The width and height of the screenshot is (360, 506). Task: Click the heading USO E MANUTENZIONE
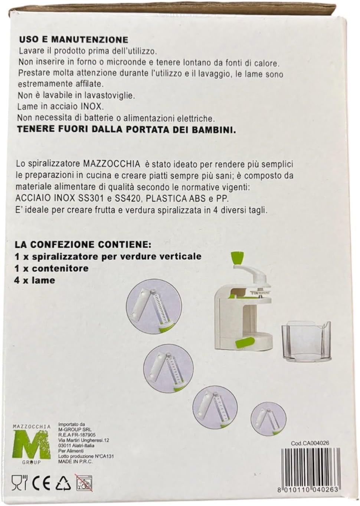pos(74,40)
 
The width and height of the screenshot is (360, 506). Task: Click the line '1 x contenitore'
pos(51,268)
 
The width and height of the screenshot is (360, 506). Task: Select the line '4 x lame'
pos(35,280)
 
